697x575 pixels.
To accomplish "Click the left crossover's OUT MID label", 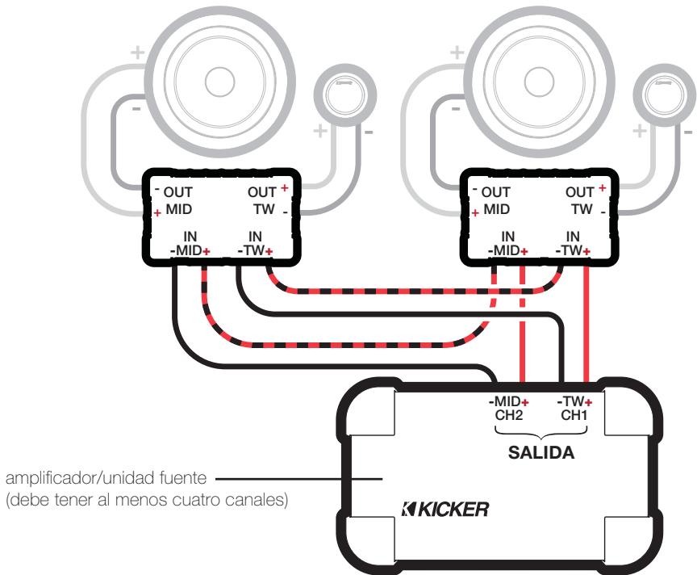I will point(176,200).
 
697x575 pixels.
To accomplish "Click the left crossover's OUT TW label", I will point(261,200).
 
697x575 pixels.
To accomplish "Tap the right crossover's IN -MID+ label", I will point(507,243).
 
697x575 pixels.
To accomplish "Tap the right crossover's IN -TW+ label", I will point(574,243).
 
